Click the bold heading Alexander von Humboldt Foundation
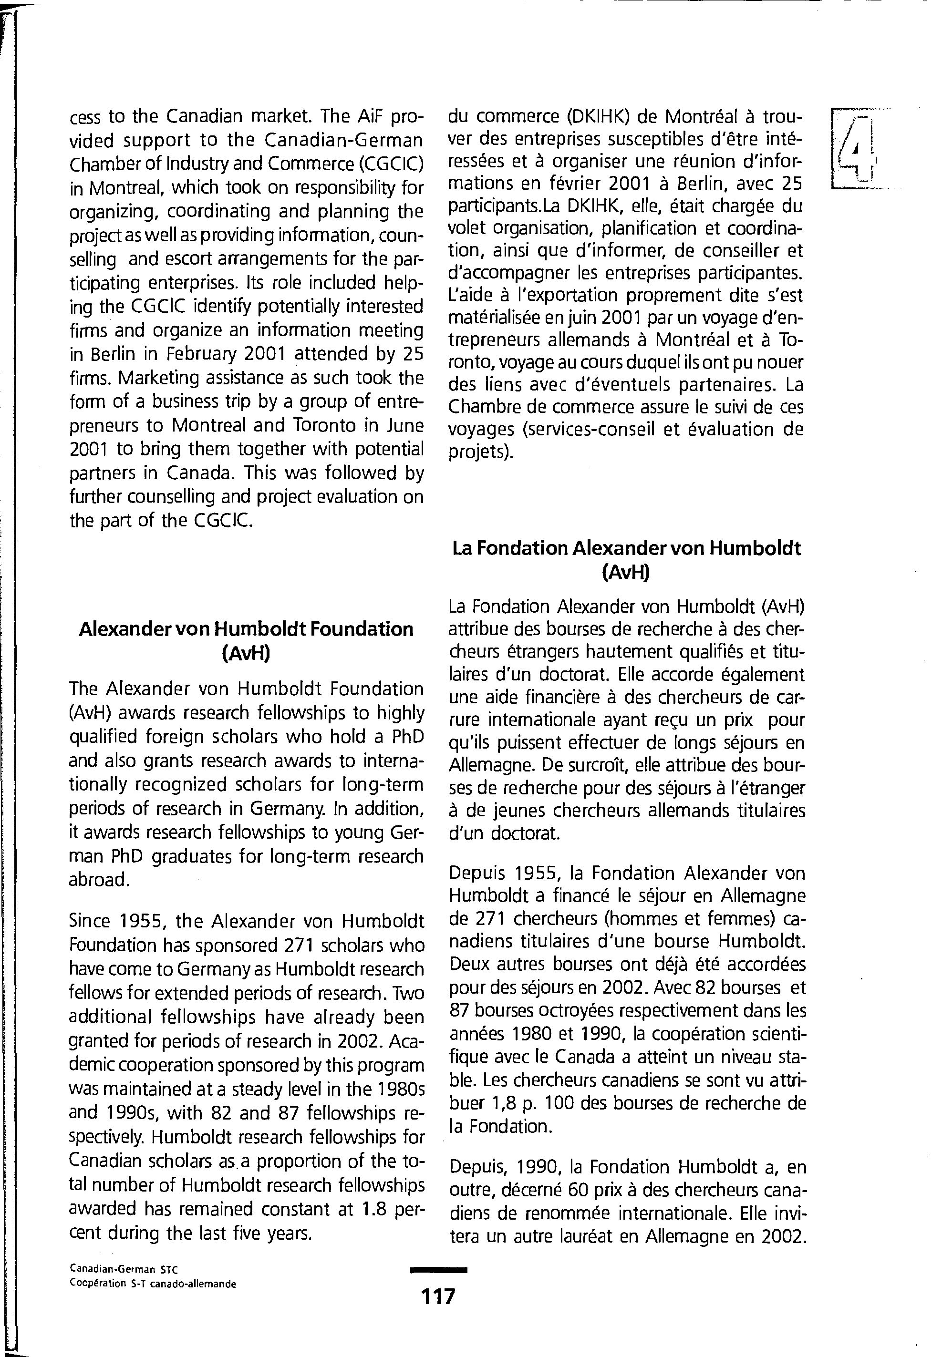point(246,629)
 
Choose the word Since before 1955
point(89,921)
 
